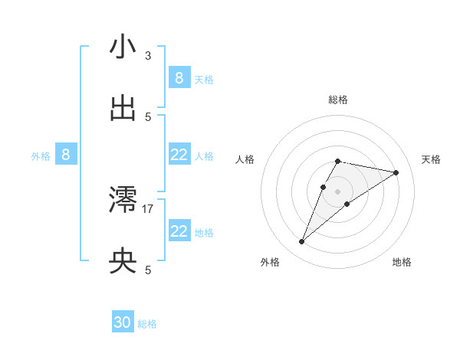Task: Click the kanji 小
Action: pyautogui.click(x=123, y=47)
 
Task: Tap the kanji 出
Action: pyautogui.click(x=123, y=109)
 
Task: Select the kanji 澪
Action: pyautogui.click(x=123, y=200)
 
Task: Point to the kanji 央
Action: pyautogui.click(x=123, y=262)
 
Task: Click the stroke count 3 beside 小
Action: pyautogui.click(x=148, y=55)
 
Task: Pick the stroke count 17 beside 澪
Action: pyautogui.click(x=148, y=208)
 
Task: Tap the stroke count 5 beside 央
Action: pyautogui.click(x=148, y=270)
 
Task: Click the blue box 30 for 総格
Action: pyautogui.click(x=123, y=323)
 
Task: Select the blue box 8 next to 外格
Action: pyautogui.click(x=66, y=155)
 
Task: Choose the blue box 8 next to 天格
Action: pyautogui.click(x=179, y=78)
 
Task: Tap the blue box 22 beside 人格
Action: pyautogui.click(x=179, y=155)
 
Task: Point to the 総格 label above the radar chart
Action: pyautogui.click(x=338, y=100)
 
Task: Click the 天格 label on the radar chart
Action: pyautogui.click(x=432, y=159)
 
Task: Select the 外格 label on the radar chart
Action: pyautogui.click(x=270, y=262)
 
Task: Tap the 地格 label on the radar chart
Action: pyautogui.click(x=402, y=262)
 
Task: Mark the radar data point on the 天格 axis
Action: pyautogui.click(x=396, y=172)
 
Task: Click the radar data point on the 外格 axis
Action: pyautogui.click(x=301, y=242)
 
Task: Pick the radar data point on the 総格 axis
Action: pyautogui.click(x=338, y=161)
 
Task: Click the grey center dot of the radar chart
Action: pyautogui.click(x=338, y=191)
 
